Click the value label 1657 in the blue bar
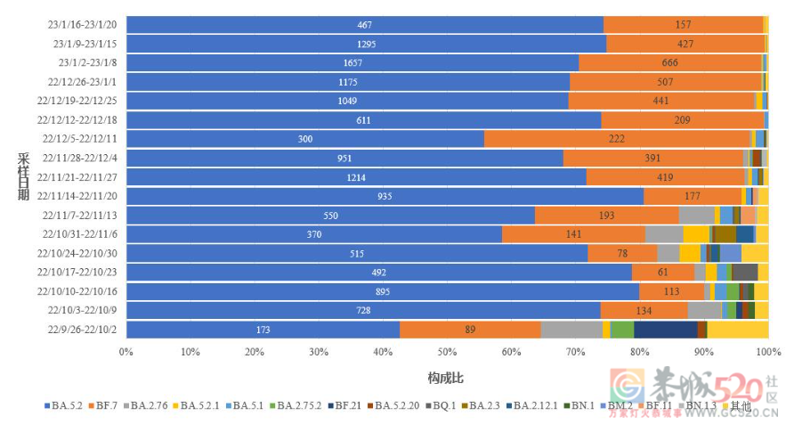click(x=352, y=62)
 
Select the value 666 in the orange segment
click(x=670, y=62)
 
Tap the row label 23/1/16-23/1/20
click(x=86, y=24)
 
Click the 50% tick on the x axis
click(x=447, y=352)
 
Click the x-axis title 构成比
click(x=445, y=378)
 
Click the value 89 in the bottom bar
click(x=470, y=330)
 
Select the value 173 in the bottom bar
click(x=263, y=330)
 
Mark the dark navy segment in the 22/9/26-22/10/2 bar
click(x=665, y=330)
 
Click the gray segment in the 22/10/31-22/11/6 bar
click(x=664, y=234)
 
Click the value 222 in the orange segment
click(x=617, y=139)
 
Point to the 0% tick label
click(x=126, y=352)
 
